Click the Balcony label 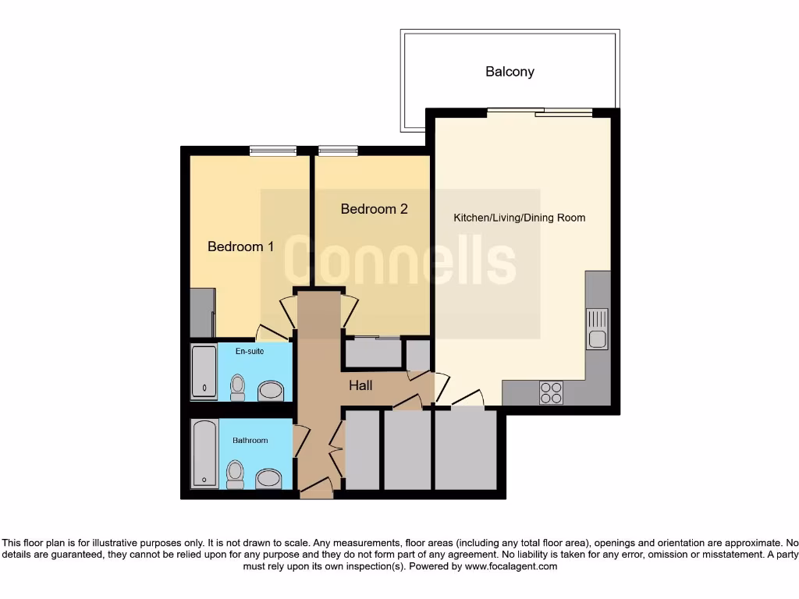(x=510, y=72)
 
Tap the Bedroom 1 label (x=240, y=246)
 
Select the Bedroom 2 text (x=374, y=209)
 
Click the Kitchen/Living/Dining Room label (x=519, y=218)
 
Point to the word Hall (x=360, y=385)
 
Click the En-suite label (x=250, y=352)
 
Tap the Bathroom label (x=250, y=441)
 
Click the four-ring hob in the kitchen (x=551, y=392)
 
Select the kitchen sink (x=597, y=329)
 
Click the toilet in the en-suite (x=237, y=385)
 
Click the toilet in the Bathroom (x=235, y=473)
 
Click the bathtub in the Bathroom (x=204, y=454)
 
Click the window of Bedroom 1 (x=273, y=151)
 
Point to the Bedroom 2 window (x=338, y=151)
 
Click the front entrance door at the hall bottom (x=316, y=490)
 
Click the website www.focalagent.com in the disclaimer (x=510, y=566)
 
